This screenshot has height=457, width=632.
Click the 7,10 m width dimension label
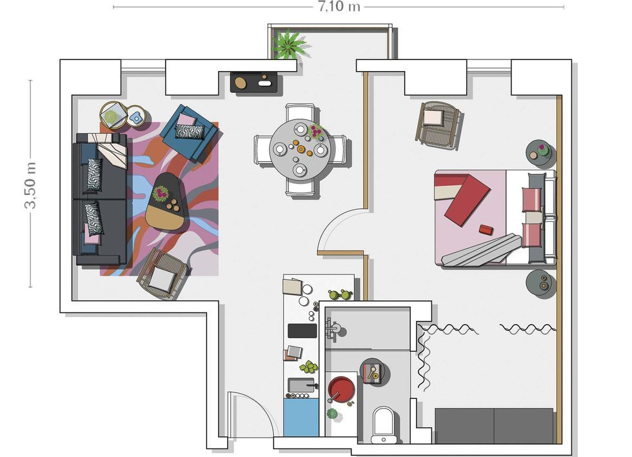339,6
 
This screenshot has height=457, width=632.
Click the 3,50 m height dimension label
31,185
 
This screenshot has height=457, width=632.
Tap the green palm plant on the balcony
289,43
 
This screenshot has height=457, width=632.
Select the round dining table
301,150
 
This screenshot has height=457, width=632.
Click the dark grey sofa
101,199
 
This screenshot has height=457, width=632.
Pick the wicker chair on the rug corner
163,274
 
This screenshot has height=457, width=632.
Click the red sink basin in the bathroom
341,389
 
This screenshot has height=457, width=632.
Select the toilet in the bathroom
383,424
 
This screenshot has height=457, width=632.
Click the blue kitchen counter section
301,418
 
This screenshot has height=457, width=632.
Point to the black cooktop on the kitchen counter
302,330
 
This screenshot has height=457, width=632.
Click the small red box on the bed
486,230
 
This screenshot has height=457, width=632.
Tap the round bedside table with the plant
540,154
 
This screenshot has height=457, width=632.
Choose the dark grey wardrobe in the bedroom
494,425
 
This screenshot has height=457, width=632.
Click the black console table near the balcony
253,82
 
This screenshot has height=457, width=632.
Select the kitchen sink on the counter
301,385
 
